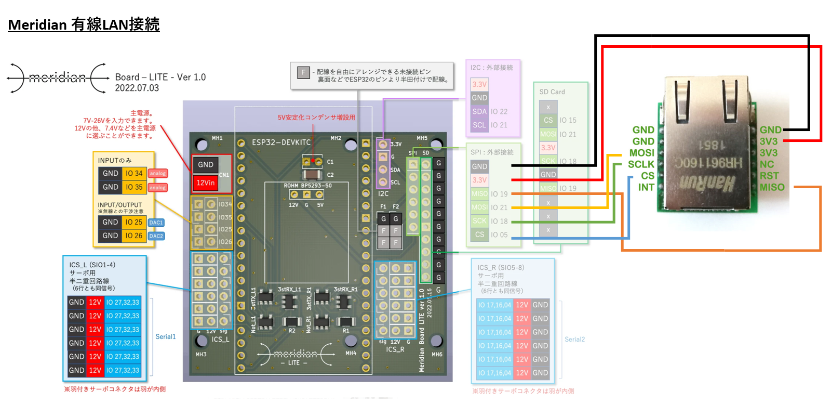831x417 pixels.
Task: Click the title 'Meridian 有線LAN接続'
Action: [x=84, y=24]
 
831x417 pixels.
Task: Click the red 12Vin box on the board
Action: [x=206, y=183]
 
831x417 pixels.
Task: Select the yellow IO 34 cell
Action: [x=134, y=173]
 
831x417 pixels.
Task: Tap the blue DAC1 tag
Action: [x=156, y=223]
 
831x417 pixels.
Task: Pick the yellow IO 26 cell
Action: [x=134, y=236]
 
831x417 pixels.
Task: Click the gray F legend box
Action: [x=303, y=73]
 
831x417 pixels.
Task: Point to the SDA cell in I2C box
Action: [x=479, y=111]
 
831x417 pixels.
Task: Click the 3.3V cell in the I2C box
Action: [x=479, y=84]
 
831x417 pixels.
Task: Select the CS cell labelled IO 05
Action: [x=479, y=234]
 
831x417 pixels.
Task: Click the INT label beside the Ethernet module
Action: [x=646, y=187]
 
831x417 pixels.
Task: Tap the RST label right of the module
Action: [x=769, y=176]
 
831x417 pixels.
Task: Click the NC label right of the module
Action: [x=767, y=164]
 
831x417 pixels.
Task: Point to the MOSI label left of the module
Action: [x=642, y=153]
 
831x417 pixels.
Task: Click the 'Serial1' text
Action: [x=166, y=336]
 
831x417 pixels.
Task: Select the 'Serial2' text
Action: [x=574, y=339]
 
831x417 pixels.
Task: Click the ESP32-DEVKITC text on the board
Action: [x=281, y=142]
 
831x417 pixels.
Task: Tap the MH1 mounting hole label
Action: [x=217, y=138]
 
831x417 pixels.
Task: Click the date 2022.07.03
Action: [x=137, y=88]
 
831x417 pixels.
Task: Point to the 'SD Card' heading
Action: [x=552, y=92]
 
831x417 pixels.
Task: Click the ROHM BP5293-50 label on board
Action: [x=307, y=186]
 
